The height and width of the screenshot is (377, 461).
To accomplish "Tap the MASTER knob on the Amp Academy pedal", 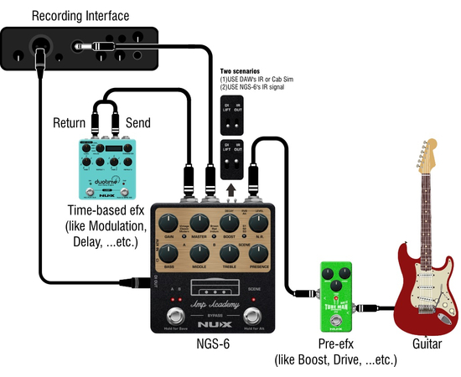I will coord(201,224).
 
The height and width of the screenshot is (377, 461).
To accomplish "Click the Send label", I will coord(137,123).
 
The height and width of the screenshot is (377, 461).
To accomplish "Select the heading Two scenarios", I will coord(238,71).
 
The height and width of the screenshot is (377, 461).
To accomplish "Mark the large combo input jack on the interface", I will coord(39,44).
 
